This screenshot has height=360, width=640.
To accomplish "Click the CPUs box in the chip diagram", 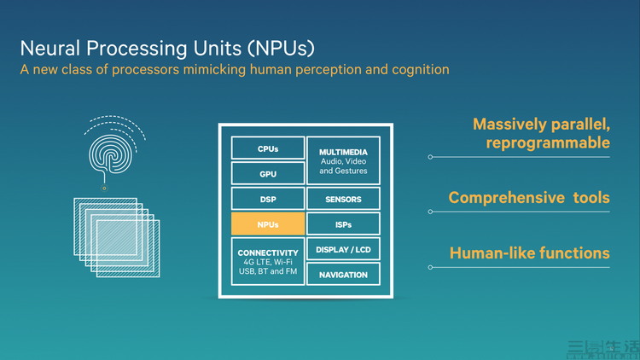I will pyautogui.click(x=268, y=148).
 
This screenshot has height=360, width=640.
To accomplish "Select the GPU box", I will pyautogui.click(x=268, y=174).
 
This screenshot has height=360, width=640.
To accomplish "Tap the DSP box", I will pyautogui.click(x=268, y=200).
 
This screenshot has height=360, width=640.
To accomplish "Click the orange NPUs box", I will pyautogui.click(x=268, y=224).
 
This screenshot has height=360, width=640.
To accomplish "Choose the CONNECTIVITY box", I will pyautogui.click(x=268, y=261).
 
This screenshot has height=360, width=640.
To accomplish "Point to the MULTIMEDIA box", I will pyautogui.click(x=343, y=160).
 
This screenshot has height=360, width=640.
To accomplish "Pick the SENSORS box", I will pyautogui.click(x=343, y=200).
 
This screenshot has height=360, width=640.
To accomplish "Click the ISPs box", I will pyautogui.click(x=343, y=224).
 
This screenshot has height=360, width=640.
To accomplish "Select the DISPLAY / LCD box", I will pyautogui.click(x=343, y=250).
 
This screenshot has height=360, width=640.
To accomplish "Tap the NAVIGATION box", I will pyautogui.click(x=343, y=275).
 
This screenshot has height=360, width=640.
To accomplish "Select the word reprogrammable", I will pyautogui.click(x=548, y=142).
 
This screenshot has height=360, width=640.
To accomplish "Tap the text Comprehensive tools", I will pyautogui.click(x=529, y=198).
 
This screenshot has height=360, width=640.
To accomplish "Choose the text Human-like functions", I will pyautogui.click(x=529, y=253).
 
